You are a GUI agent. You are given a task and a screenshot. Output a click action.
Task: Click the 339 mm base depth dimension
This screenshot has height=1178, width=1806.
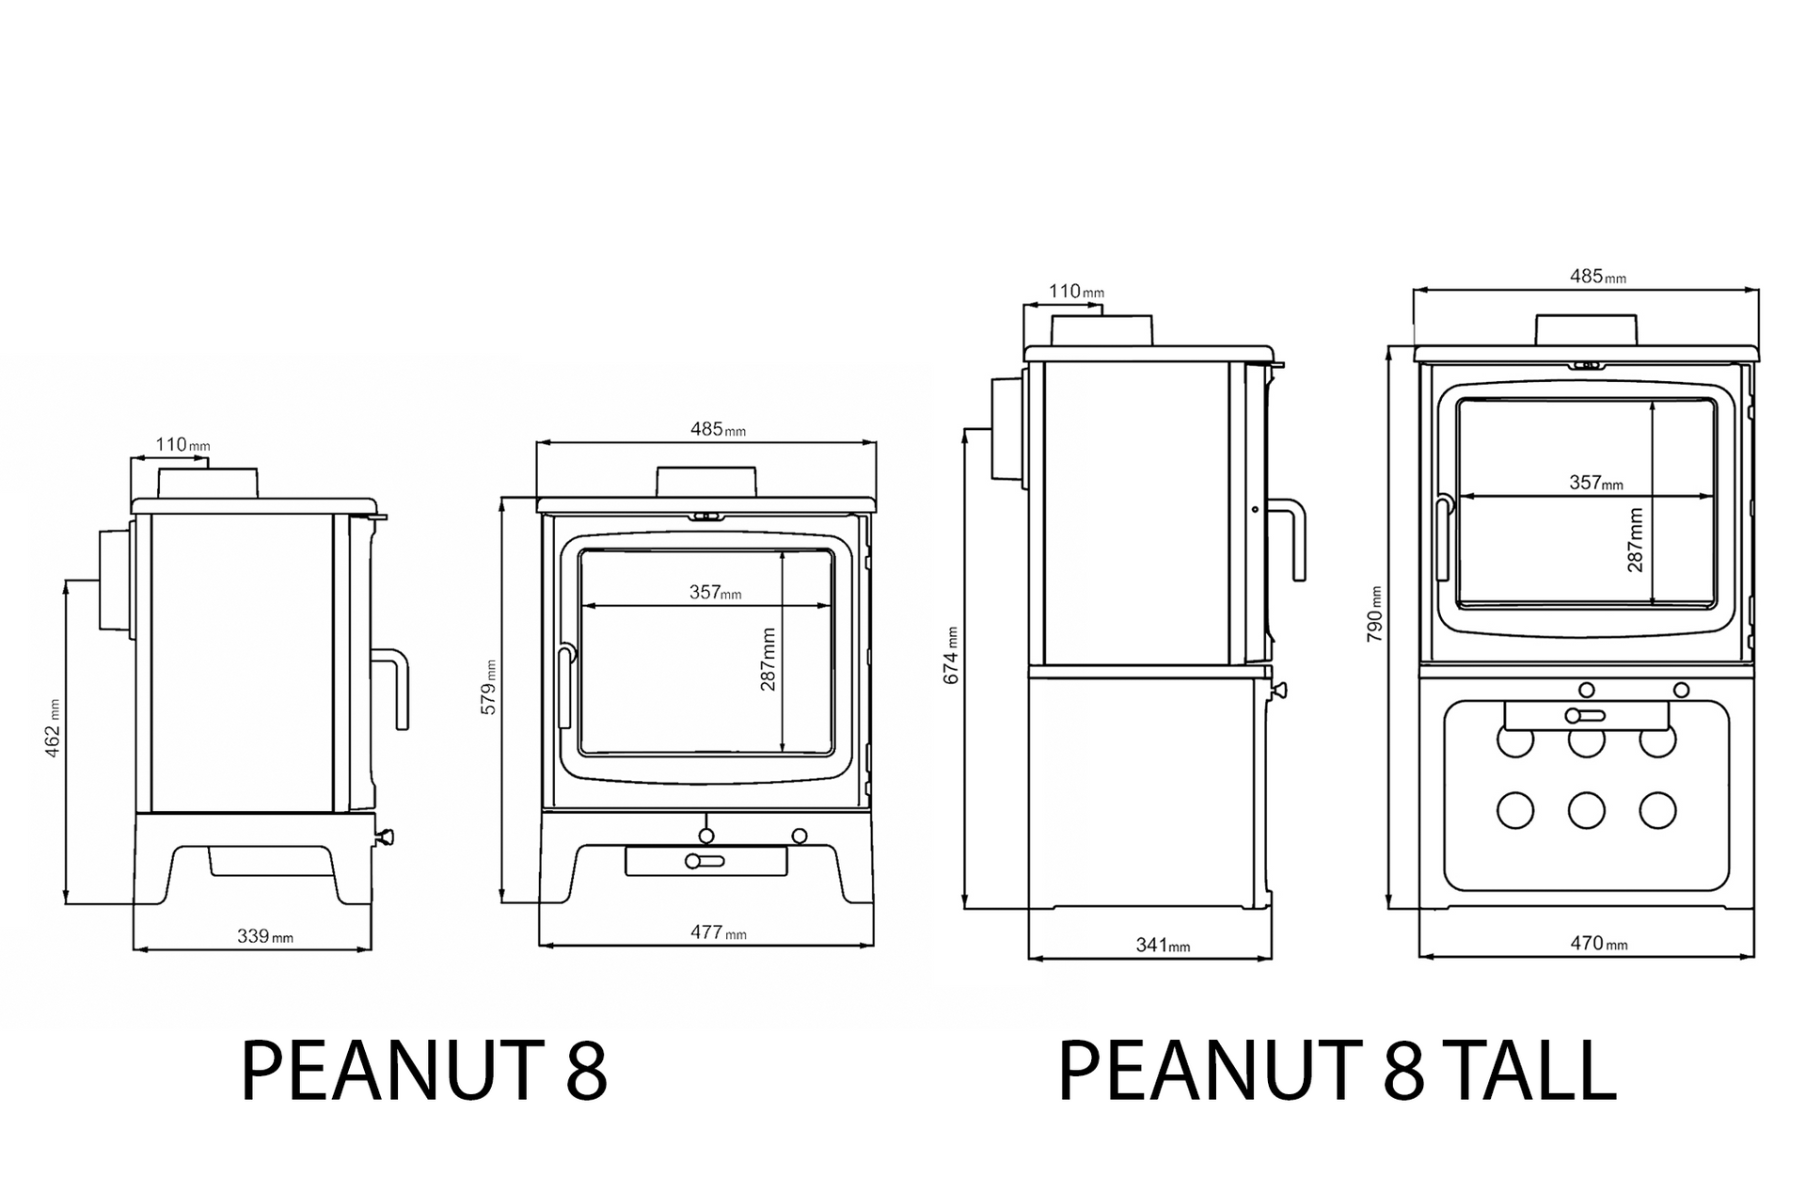[264, 936]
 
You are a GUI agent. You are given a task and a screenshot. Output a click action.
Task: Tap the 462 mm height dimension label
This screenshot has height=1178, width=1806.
[53, 728]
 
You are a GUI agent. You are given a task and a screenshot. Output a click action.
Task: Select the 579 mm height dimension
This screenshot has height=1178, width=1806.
[489, 687]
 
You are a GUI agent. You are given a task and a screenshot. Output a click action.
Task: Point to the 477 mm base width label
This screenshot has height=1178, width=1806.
[718, 932]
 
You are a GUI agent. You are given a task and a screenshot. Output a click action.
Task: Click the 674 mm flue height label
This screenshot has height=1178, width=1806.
[951, 656]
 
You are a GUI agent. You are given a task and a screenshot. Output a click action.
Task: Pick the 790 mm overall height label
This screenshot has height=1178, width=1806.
[1374, 614]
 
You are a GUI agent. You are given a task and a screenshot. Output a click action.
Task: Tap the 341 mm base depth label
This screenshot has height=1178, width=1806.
[1163, 945]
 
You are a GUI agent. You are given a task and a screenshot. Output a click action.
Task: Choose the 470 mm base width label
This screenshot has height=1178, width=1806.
[1598, 943]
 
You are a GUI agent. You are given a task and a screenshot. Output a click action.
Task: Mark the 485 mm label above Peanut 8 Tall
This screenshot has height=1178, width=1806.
[1597, 277]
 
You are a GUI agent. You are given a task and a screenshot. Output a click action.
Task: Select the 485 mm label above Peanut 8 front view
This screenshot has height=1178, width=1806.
[718, 429]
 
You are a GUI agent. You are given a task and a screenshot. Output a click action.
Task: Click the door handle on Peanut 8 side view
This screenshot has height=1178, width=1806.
[396, 687]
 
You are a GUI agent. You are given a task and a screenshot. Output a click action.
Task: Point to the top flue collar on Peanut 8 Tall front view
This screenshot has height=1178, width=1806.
[1587, 329]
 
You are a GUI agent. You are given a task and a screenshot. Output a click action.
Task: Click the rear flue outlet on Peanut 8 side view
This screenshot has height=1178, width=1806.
[114, 579]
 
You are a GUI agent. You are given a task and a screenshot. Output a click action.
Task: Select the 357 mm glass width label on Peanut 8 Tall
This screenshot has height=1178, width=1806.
[1595, 483]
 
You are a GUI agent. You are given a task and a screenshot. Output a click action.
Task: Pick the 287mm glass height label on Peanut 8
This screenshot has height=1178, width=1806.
[768, 660]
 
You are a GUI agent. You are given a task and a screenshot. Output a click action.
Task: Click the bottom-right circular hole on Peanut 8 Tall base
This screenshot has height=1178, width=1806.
[1657, 810]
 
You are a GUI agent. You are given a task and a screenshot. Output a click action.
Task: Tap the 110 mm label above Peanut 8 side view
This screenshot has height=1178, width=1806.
[182, 444]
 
